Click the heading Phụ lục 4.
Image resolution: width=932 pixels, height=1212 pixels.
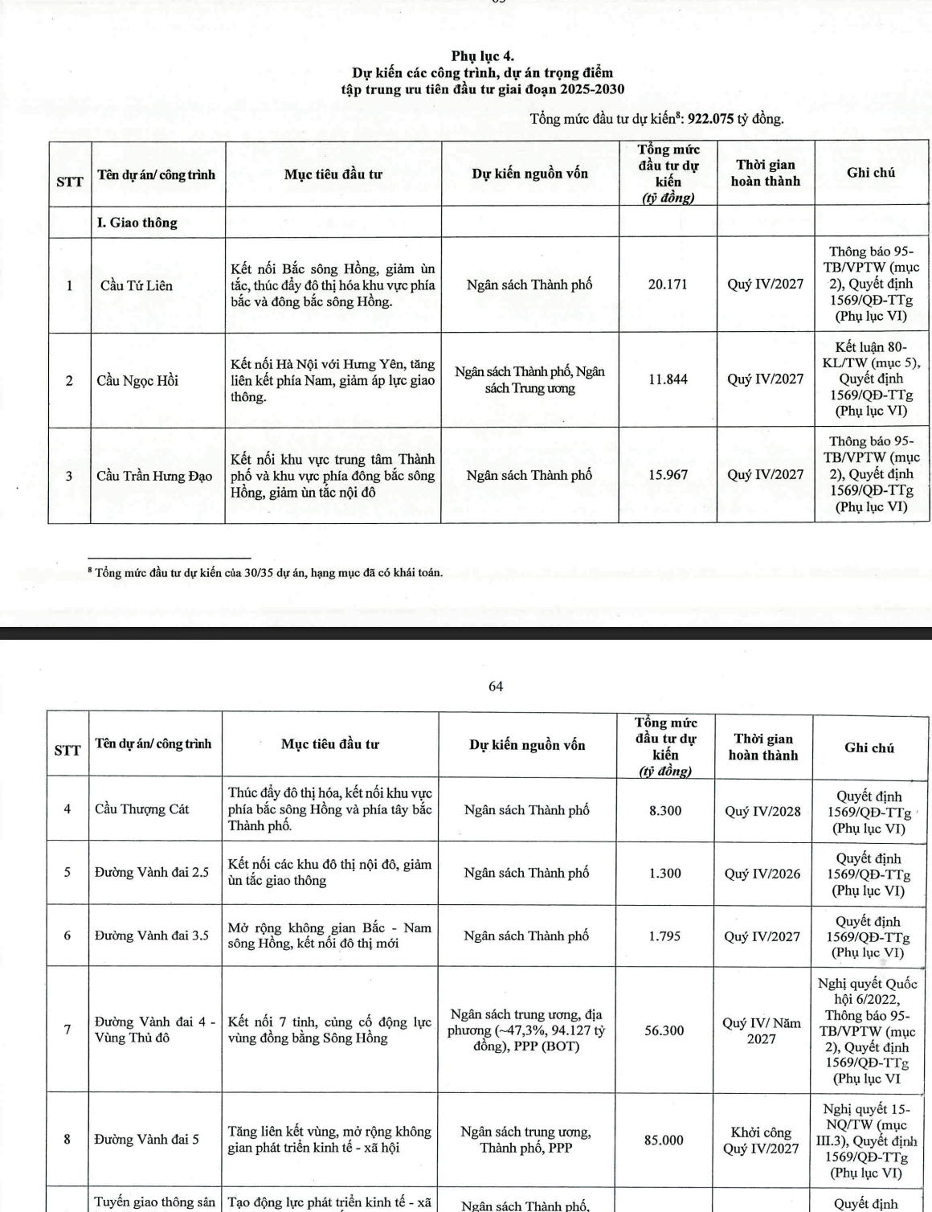tap(482, 56)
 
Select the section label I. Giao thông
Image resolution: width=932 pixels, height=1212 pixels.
tap(137, 223)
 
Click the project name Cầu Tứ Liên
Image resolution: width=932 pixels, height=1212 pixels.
tap(136, 285)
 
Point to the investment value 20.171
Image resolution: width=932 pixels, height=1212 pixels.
tap(668, 285)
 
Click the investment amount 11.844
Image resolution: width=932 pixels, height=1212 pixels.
tap(668, 379)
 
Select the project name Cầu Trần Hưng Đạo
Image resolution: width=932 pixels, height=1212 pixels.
tap(154, 476)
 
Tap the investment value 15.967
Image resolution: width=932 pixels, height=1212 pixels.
tap(668, 475)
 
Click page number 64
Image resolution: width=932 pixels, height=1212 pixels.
tap(496, 686)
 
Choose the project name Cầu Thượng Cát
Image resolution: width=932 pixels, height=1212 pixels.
tap(141, 809)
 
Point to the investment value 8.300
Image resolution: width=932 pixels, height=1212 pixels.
tap(665, 811)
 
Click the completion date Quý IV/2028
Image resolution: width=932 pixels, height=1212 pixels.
tap(762, 811)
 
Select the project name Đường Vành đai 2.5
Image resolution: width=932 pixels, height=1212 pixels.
tap(151, 872)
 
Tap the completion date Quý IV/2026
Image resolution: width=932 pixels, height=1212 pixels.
tap(762, 874)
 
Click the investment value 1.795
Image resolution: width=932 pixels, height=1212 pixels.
tap(665, 936)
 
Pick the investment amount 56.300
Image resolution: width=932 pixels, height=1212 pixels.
tap(664, 1030)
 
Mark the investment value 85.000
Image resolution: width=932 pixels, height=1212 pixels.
tap(664, 1140)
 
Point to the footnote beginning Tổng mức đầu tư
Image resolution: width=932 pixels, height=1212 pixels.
tap(268, 573)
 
